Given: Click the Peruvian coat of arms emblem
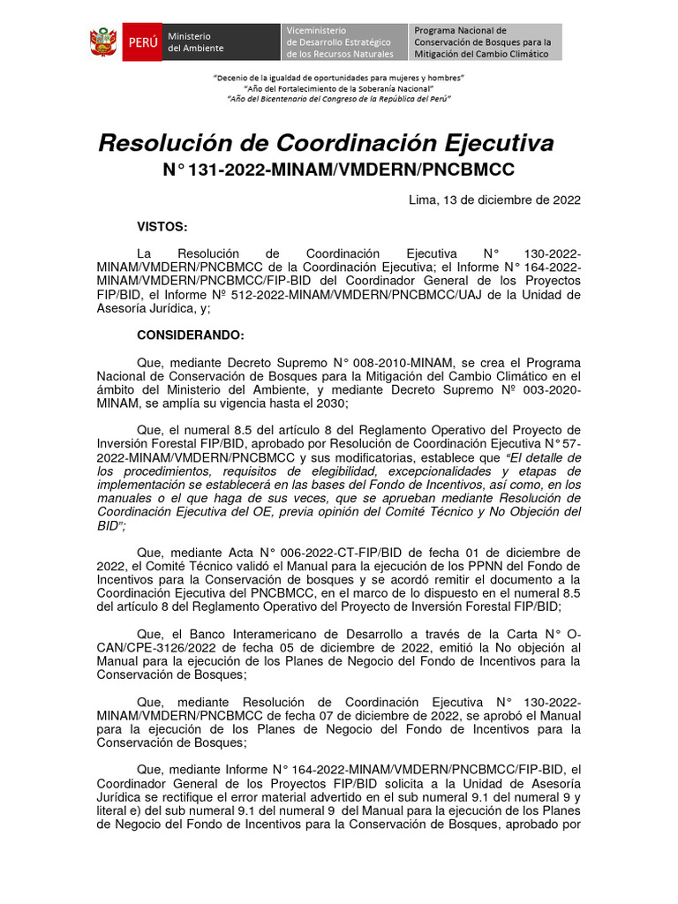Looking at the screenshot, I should coord(103,42).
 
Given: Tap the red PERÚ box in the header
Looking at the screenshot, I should coord(142,42).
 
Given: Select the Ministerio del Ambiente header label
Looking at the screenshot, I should coord(196,42).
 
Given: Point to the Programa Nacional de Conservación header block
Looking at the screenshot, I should coord(484,42).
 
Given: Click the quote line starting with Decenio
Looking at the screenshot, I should coord(339,79).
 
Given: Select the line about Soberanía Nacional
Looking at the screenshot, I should coord(339,88).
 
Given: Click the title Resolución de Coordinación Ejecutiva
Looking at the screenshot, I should coord(325,143).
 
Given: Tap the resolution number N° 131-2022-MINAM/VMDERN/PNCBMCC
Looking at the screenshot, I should coord(338,169).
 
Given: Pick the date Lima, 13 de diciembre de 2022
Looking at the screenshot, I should coord(494,200).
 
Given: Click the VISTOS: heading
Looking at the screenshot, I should coord(162,227).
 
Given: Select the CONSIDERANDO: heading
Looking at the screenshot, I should coord(190,335).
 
